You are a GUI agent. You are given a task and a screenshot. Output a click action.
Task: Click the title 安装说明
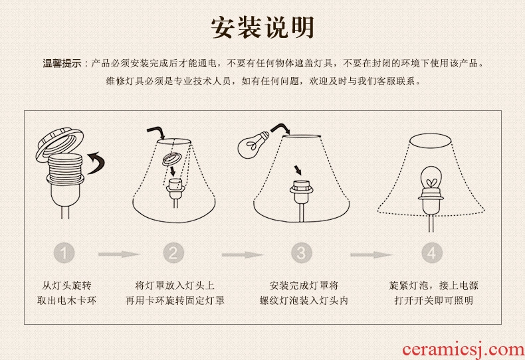(262, 27)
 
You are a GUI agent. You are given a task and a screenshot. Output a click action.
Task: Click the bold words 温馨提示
(62, 63)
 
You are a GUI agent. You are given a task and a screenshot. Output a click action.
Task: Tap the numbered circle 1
(64, 252)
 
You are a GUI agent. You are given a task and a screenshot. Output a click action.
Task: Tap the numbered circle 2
(173, 252)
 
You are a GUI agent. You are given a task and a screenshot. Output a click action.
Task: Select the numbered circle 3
(301, 252)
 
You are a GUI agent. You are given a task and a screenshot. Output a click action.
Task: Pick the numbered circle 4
(432, 252)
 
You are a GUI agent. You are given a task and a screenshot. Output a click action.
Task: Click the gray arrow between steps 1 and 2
(119, 254)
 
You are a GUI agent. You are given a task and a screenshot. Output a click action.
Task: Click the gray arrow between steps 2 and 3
(243, 254)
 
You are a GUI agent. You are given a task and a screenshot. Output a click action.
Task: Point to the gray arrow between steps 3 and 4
(371, 254)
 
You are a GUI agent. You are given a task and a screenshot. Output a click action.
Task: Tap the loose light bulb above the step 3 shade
(253, 144)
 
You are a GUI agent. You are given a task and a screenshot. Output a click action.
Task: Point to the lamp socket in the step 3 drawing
(301, 192)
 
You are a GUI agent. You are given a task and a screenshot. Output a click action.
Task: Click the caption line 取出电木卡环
(66, 300)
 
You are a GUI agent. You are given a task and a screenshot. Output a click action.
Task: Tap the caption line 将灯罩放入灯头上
(175, 286)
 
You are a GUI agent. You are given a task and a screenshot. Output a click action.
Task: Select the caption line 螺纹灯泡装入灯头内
(304, 300)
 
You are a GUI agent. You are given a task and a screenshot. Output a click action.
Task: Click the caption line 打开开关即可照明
(433, 300)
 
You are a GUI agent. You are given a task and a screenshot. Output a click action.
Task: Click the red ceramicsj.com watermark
(463, 349)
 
